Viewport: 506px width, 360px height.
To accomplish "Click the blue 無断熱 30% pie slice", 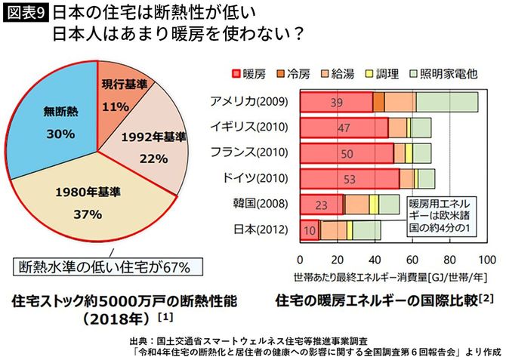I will pos(57,125).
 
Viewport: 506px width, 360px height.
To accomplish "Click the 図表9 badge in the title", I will pos(24,14).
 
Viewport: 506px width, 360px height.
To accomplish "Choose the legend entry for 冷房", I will pos(295,73).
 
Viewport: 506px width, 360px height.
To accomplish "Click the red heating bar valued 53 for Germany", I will pos(349,179).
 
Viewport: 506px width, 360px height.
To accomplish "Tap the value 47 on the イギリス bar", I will pos(344,128).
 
